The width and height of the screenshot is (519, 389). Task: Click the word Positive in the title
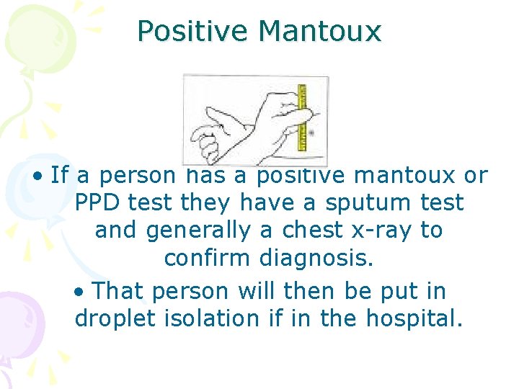click(x=192, y=32)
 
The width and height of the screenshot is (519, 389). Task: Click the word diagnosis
click(x=316, y=258)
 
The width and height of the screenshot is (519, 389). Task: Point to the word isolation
click(x=210, y=318)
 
